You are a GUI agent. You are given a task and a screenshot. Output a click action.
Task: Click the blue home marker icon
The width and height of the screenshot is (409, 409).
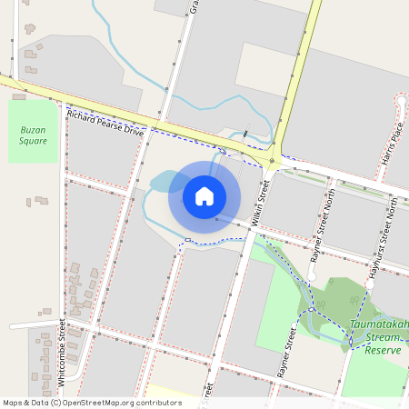coord(204,195)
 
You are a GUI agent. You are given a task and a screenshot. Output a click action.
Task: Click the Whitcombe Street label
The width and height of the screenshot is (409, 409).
coord(62,345)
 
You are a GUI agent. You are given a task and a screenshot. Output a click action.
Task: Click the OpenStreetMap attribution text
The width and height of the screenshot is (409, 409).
coord(91,403)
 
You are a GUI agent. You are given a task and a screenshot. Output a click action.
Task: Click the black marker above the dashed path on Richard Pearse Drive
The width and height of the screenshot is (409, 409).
coord(246,135)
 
